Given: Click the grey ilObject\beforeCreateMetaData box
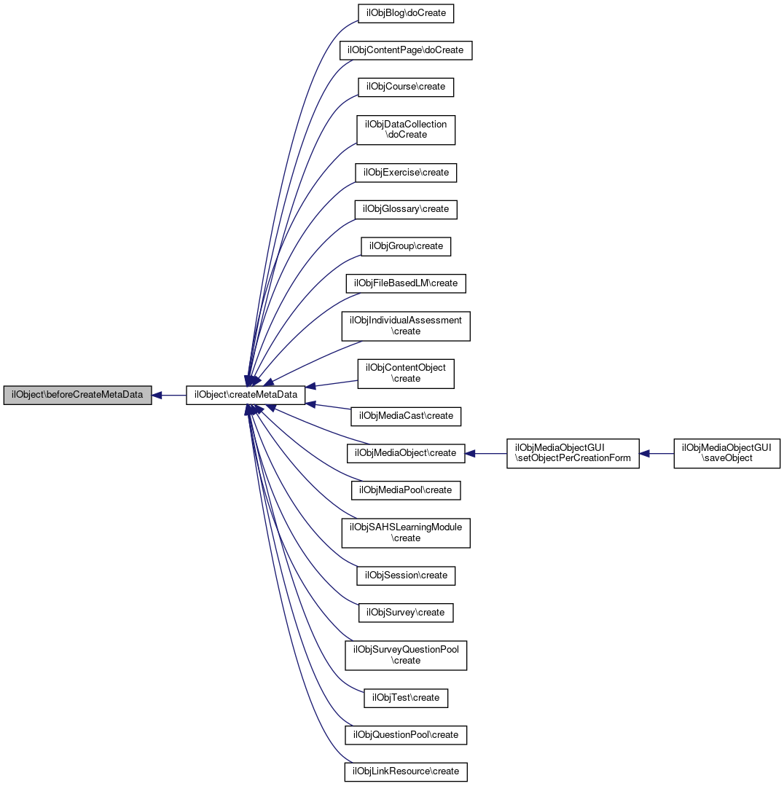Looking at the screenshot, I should [77, 395].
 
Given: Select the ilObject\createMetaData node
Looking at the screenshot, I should [246, 395].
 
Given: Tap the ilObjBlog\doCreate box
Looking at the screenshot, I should [407, 13].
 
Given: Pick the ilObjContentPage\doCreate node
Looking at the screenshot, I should [407, 50].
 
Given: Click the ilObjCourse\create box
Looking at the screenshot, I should [407, 87].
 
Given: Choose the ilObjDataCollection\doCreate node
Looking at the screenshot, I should [406, 130].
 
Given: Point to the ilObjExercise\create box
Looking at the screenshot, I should [406, 173].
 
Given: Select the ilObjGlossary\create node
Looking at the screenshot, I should [406, 209].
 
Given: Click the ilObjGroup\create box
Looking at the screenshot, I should [406, 246].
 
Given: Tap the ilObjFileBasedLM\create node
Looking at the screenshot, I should [406, 283].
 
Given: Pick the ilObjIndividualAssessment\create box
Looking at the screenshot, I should [406, 326].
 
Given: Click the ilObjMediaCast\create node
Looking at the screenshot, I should [406, 416].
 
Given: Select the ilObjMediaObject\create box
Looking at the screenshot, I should [406, 453].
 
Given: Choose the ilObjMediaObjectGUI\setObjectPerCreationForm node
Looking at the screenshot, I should [573, 453].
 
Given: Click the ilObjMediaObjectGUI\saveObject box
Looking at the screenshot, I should [727, 453].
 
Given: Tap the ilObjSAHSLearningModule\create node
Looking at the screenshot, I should [406, 532].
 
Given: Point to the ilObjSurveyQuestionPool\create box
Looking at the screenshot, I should [406, 655].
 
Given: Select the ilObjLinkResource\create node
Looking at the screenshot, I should [406, 771].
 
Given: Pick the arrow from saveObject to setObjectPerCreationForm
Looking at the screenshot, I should [657, 453].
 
